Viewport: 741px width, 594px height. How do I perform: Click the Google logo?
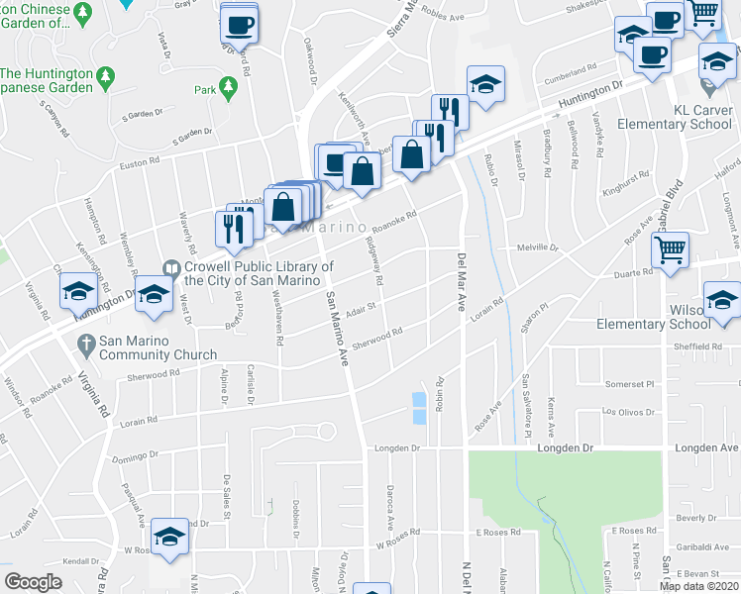[x=33, y=582]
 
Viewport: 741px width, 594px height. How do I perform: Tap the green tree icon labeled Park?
[x=229, y=89]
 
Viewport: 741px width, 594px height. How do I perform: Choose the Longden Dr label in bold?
[x=565, y=448]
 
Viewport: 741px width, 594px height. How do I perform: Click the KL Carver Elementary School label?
[x=676, y=117]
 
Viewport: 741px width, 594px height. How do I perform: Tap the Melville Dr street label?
[x=538, y=247]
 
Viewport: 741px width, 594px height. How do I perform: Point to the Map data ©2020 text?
[x=699, y=586]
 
